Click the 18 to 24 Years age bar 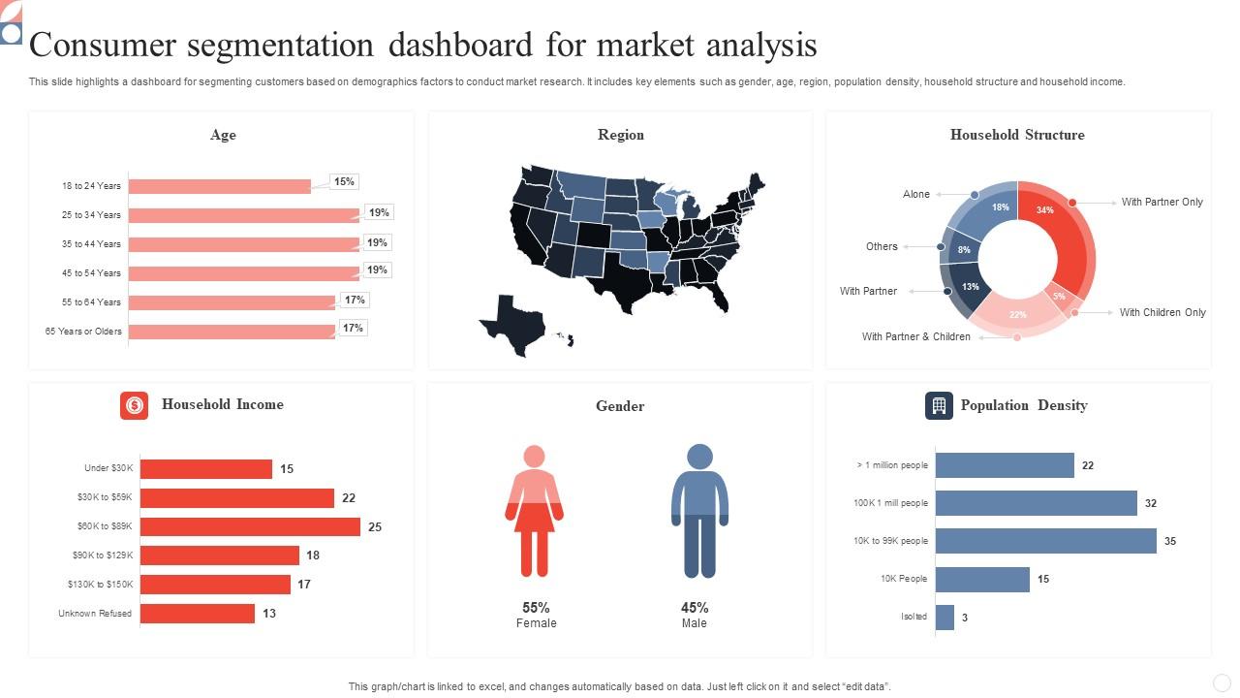pos(220,186)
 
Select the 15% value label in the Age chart pos(344,181)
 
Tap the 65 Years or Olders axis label pos(83,332)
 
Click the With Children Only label pos(1162,312)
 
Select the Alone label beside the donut pos(915,194)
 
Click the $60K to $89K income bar pos(250,526)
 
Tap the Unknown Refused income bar pos(198,614)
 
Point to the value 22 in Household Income pos(349,498)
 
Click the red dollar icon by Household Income pos(134,405)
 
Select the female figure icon pos(534,510)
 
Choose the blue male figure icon pos(699,510)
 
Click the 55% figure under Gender pos(536,608)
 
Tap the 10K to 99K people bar pos(1046,541)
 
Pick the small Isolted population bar pos(945,618)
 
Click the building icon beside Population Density pos(939,406)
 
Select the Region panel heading pos(620,135)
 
